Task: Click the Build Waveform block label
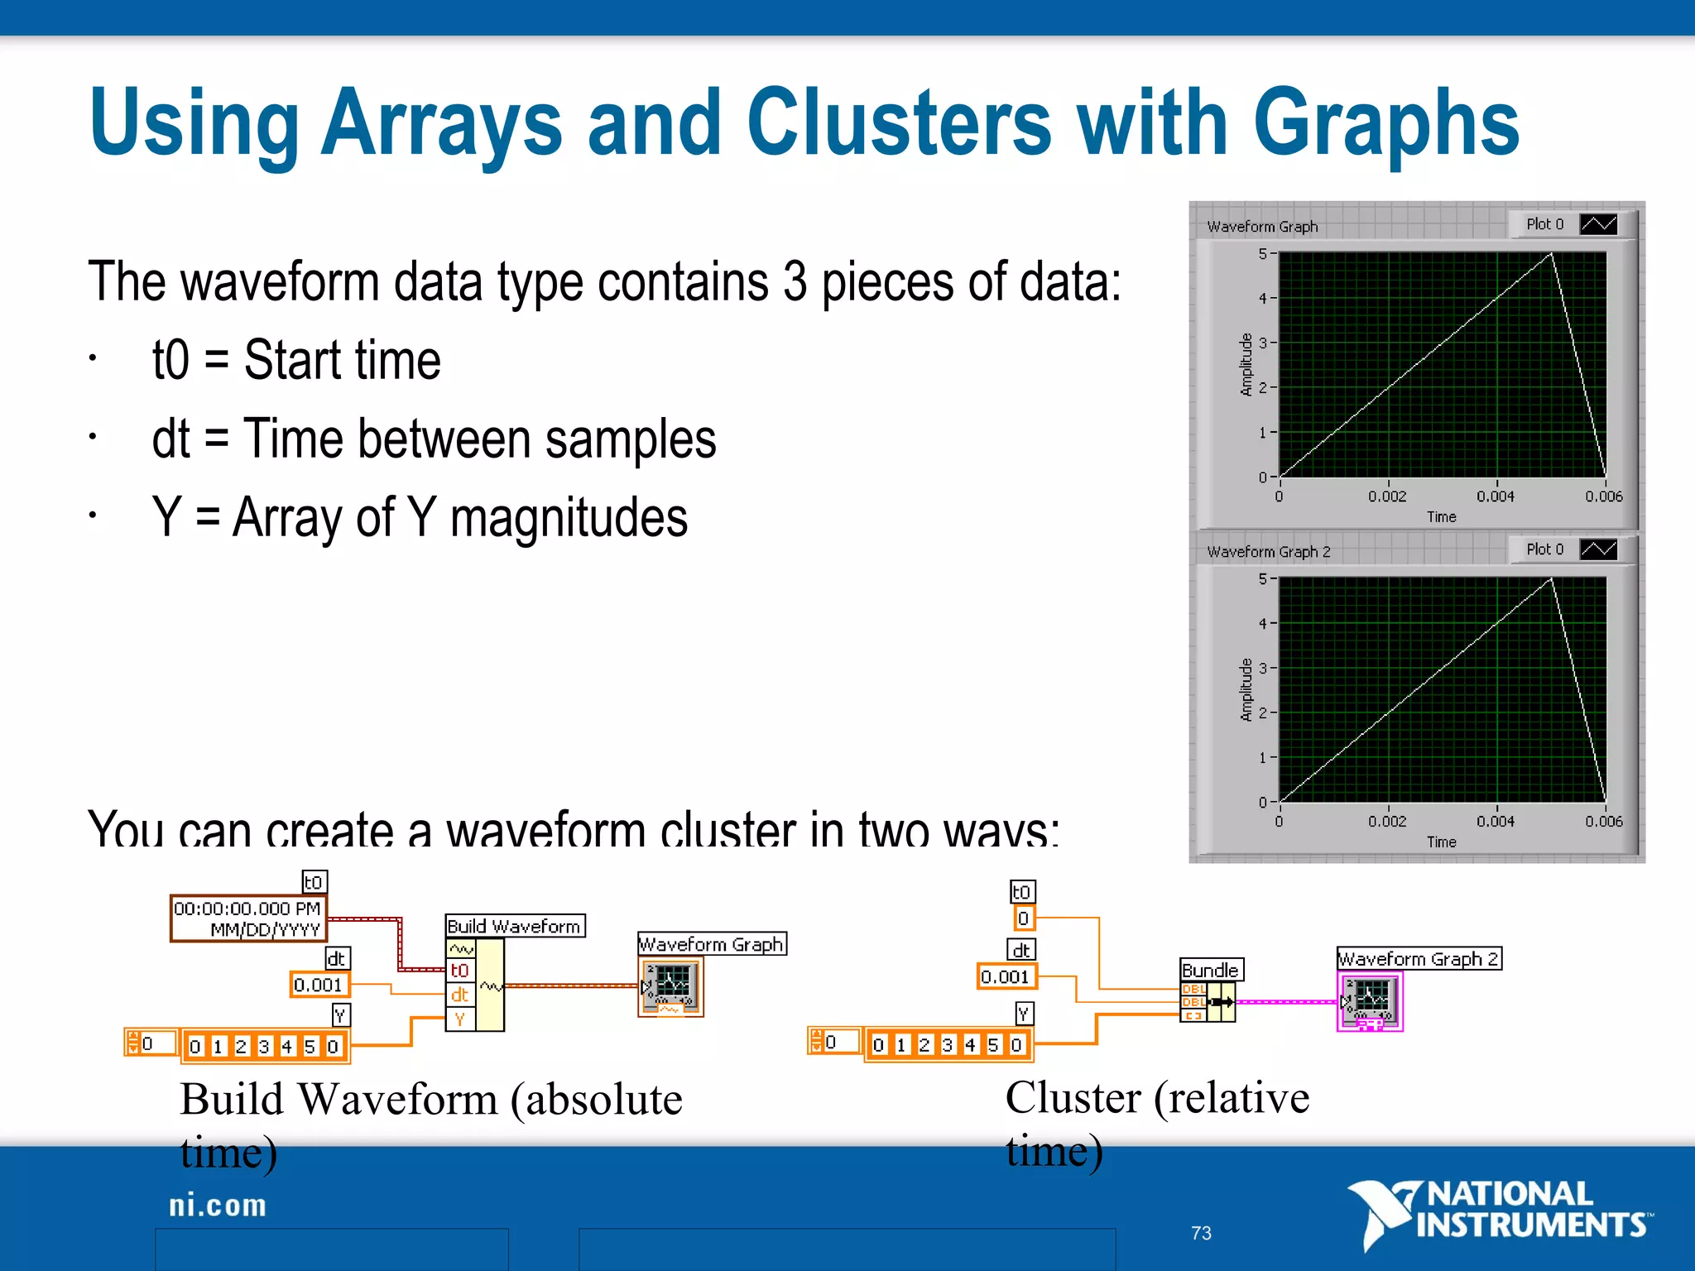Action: tap(514, 926)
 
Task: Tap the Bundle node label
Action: tap(1210, 970)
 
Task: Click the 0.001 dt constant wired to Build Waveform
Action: tap(318, 985)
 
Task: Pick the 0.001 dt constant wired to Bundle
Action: tap(1005, 976)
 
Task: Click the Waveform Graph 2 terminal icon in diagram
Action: tap(1370, 1001)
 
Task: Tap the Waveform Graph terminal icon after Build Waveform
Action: tap(671, 986)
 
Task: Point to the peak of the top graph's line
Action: tap(1551, 255)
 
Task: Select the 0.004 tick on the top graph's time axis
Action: tap(1496, 496)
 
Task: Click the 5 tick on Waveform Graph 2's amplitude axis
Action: tap(1263, 578)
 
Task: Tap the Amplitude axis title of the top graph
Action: tap(1246, 365)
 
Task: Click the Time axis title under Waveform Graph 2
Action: tap(1441, 842)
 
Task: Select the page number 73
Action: tap(1201, 1233)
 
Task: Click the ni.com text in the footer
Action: tap(218, 1206)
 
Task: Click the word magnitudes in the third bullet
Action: tap(569, 518)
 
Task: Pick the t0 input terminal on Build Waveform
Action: tap(460, 970)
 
